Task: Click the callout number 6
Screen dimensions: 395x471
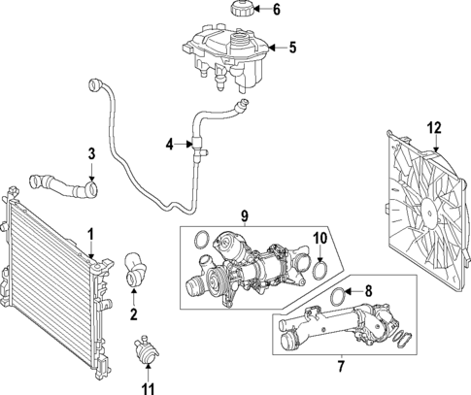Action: [x=275, y=12]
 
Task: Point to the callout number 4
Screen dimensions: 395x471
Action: [x=169, y=145]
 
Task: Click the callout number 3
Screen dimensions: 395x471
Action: [x=91, y=152]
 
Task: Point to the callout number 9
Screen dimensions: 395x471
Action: [x=246, y=214]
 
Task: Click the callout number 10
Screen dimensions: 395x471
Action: [x=320, y=238]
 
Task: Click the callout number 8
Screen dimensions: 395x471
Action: [x=368, y=290]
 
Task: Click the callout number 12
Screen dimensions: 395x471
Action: [x=435, y=125]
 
